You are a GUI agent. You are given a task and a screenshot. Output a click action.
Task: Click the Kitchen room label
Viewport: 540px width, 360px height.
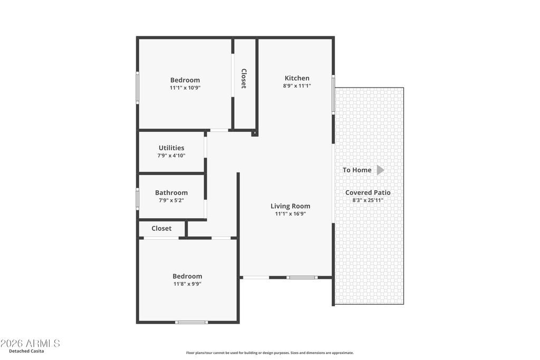point(297,78)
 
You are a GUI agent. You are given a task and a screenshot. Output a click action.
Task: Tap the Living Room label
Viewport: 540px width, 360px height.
point(291,206)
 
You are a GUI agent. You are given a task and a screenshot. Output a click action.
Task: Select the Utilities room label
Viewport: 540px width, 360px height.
point(171,148)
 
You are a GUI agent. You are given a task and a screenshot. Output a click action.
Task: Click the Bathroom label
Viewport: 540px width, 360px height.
point(171,193)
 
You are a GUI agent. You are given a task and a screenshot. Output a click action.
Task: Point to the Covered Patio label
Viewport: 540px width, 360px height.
point(368,193)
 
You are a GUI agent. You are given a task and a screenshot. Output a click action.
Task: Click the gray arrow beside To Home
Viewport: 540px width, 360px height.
point(380,170)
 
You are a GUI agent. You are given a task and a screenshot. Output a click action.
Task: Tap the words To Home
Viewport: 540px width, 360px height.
point(357,170)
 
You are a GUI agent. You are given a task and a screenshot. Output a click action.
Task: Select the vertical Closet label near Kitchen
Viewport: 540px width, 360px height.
point(244,79)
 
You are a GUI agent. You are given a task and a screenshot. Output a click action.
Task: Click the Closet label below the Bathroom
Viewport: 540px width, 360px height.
point(161,229)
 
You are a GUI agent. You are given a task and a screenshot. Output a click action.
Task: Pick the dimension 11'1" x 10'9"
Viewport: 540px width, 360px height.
point(185,88)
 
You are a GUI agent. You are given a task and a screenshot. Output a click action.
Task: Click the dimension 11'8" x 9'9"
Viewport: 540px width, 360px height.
point(187,284)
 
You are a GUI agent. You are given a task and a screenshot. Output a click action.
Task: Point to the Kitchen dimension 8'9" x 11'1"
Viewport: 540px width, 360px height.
point(297,86)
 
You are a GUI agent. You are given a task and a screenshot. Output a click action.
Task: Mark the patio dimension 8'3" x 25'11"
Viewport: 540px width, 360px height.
point(368,200)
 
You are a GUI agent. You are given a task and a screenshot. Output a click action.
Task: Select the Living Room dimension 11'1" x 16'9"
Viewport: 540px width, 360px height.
point(291,213)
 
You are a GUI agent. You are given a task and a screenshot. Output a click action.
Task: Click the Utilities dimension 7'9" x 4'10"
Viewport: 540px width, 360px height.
point(171,155)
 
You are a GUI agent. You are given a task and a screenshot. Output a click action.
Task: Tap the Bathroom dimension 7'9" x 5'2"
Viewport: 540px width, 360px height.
point(171,200)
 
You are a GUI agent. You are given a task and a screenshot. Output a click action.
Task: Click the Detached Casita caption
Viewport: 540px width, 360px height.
point(26,351)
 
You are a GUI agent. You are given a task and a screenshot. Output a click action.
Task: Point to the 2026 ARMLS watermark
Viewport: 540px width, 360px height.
point(30,344)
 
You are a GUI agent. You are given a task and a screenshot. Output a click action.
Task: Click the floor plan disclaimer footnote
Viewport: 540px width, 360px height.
point(270,353)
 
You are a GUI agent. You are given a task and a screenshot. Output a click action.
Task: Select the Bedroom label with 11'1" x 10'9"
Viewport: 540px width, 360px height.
point(185,80)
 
